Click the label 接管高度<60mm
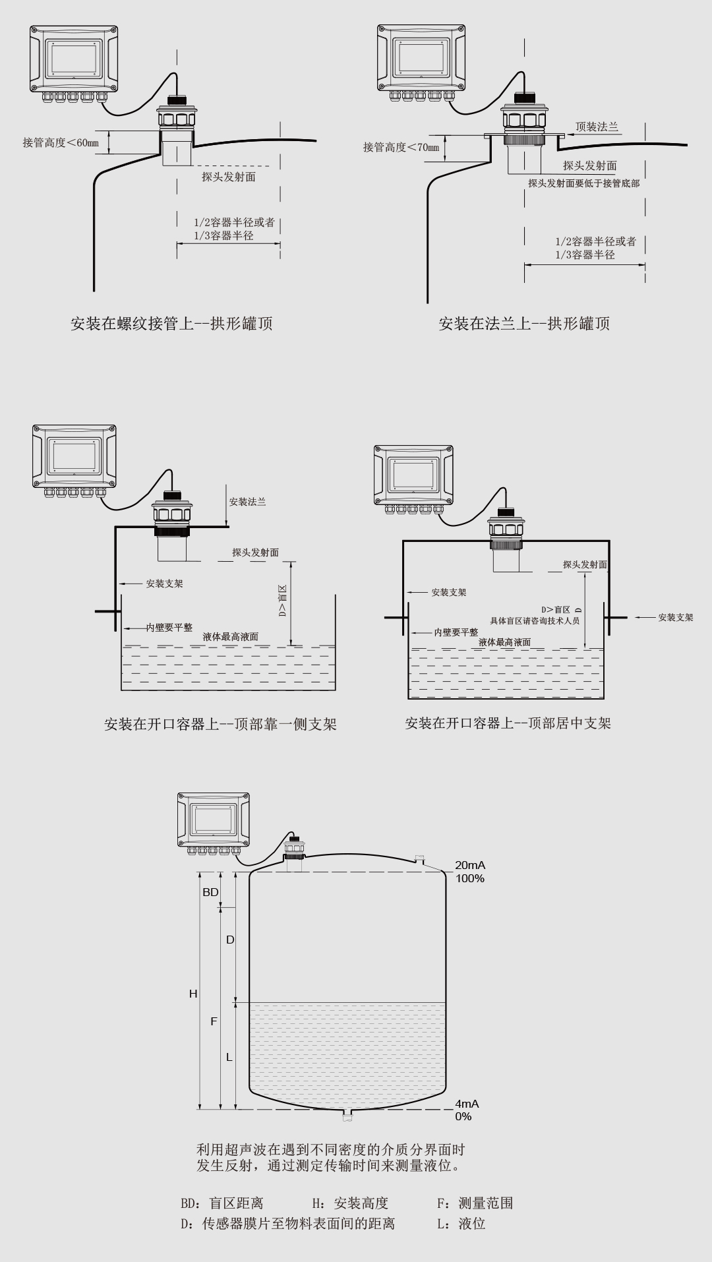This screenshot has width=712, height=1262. click(61, 142)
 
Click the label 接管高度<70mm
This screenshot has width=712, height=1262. click(401, 147)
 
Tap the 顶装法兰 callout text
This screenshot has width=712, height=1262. click(597, 127)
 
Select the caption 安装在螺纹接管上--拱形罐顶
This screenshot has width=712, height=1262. click(171, 323)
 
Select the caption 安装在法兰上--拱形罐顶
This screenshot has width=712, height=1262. click(524, 323)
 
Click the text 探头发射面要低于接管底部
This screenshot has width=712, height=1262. click(583, 183)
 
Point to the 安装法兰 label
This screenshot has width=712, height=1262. click(247, 502)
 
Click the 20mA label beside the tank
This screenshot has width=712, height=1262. click(470, 865)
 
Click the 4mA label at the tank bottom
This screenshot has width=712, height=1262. click(467, 1104)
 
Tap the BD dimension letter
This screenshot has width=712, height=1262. click(210, 892)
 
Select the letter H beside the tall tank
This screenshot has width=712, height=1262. click(193, 993)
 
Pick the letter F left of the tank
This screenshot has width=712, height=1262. click(214, 1021)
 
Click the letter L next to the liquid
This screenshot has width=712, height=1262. click(229, 1057)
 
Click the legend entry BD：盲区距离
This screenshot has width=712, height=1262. click(222, 1203)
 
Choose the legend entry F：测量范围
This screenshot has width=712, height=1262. click(475, 1203)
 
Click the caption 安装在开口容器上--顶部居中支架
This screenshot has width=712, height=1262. click(508, 723)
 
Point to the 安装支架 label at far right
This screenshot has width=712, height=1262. click(676, 618)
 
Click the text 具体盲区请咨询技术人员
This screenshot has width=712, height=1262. click(535, 620)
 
